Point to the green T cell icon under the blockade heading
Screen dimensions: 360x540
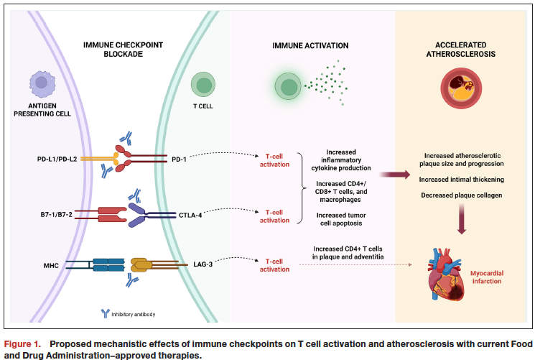(x=203, y=87)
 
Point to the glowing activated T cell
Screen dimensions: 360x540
(x=289, y=88)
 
